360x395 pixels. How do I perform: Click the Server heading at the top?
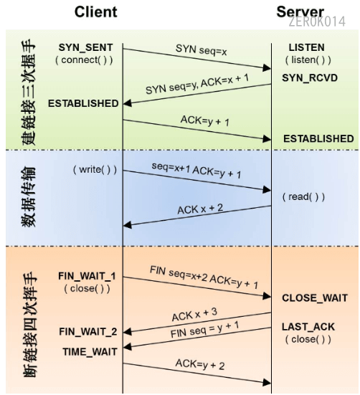[300, 12]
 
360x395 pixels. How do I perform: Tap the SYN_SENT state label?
[85, 47]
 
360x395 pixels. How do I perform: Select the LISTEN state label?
[306, 47]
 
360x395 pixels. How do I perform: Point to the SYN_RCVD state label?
[308, 76]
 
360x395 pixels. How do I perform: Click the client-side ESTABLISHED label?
[83, 103]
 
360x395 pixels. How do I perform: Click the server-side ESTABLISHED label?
[318, 138]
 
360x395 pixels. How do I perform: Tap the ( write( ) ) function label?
[94, 170]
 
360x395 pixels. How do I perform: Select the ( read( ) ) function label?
[303, 196]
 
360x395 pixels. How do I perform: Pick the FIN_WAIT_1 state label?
[87, 276]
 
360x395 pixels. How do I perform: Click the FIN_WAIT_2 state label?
[87, 332]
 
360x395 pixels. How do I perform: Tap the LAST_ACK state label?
[308, 326]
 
